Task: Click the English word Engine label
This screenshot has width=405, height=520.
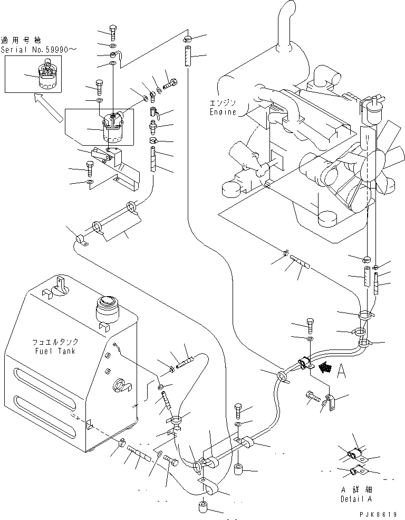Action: click(223, 112)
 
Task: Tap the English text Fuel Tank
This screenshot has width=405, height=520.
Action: click(53, 351)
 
